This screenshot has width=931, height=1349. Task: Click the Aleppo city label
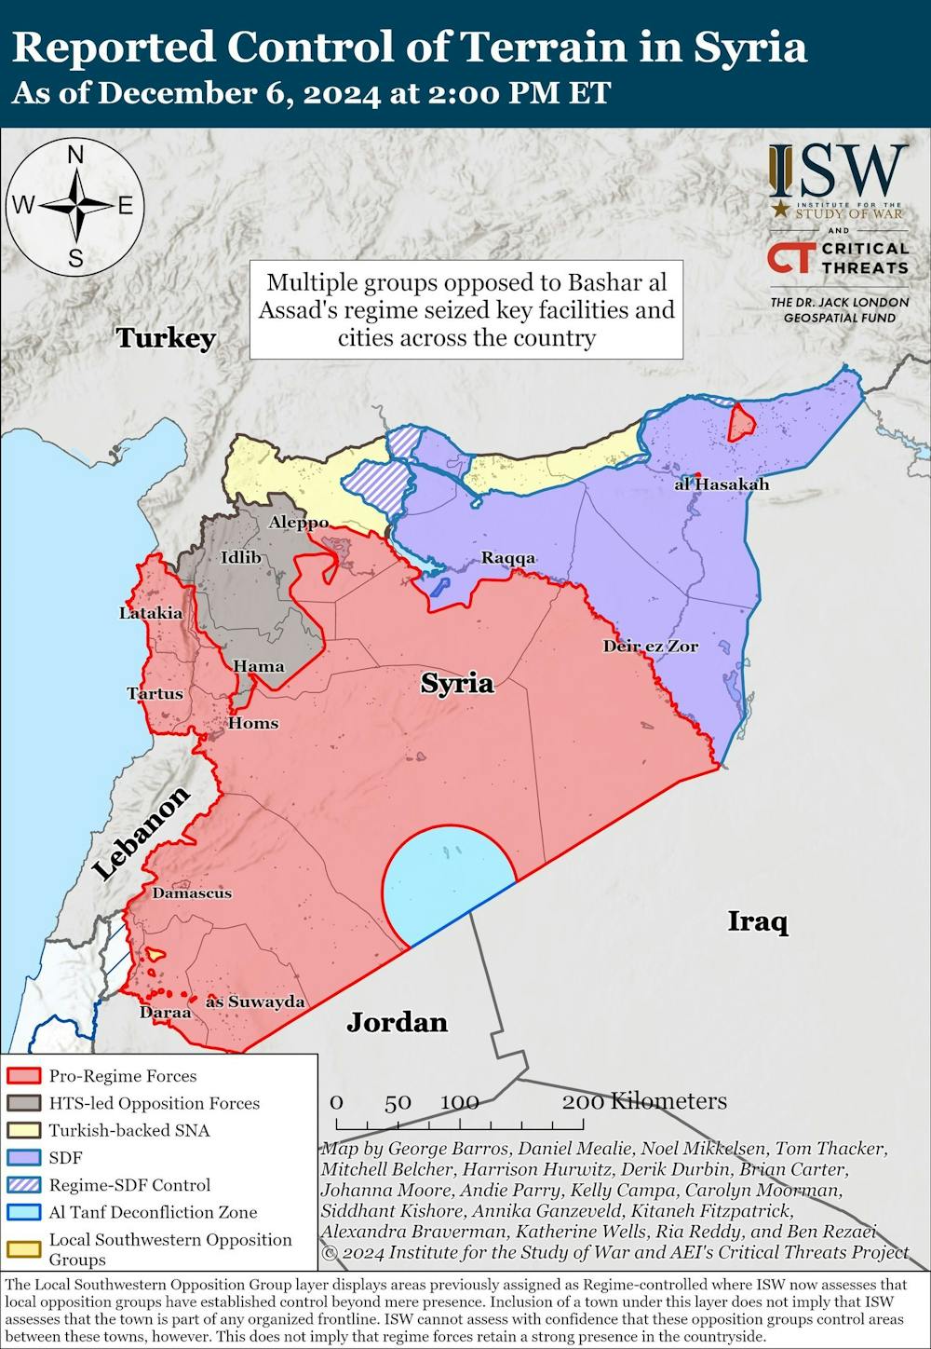pos(298,523)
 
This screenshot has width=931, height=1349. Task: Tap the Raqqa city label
pos(508,558)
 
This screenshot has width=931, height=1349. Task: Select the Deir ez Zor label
pos(650,646)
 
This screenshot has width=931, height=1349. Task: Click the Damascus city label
pos(192,893)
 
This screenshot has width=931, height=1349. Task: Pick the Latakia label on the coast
pos(151,613)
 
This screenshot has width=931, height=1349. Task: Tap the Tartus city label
pos(155,693)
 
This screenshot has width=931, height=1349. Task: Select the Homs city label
pos(253,723)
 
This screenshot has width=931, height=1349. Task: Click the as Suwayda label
pos(255,1002)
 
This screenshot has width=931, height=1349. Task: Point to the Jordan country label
pos(397,1022)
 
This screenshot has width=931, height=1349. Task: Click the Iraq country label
pos(757,922)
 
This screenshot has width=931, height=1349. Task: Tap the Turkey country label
pos(166,337)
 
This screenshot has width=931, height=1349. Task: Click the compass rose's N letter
pos(76,156)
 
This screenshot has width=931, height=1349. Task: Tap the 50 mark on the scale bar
pos(398,1102)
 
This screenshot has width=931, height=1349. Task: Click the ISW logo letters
pos(838,171)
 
